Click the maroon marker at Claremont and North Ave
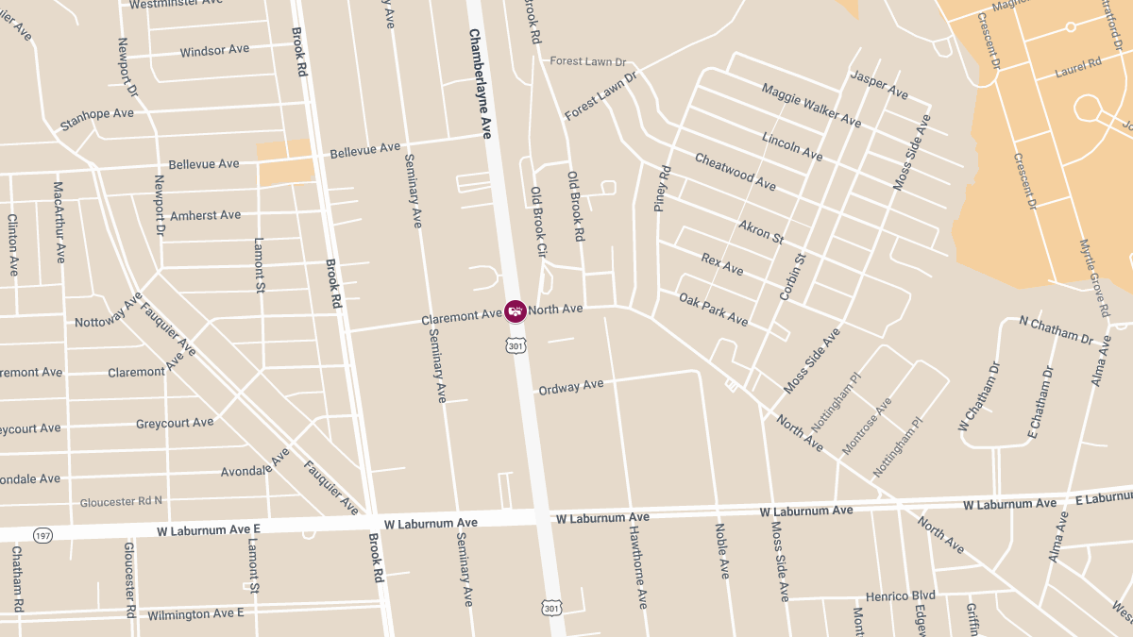pos(516,311)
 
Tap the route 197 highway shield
pos(42,535)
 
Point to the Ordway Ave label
pos(570,386)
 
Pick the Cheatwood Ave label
pos(735,172)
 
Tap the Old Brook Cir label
pos(538,223)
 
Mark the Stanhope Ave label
pos(97,119)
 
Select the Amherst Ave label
pos(205,215)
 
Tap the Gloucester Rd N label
pos(121,501)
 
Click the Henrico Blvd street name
pos(901,595)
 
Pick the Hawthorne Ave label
pos(638,566)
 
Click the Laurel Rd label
pos(1079,66)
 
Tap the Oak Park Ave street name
pos(713,310)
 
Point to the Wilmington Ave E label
pos(195,614)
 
